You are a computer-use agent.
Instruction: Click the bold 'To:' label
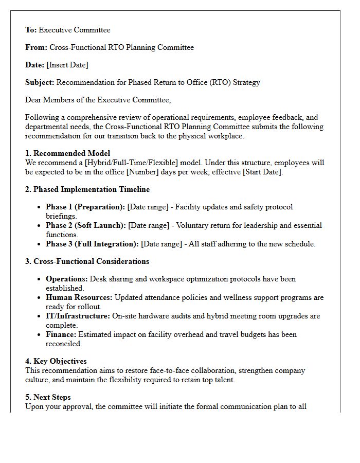(31, 30)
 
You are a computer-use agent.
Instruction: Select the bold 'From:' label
(36, 47)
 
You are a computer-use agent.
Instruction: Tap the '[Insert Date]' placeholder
(67, 65)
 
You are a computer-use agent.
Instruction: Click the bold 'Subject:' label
(40, 82)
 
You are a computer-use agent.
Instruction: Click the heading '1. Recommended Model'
(67, 153)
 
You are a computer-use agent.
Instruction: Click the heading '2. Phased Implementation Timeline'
(87, 189)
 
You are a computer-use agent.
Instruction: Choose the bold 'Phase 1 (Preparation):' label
(85, 207)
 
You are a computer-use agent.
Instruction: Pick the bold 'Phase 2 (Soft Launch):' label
(86, 225)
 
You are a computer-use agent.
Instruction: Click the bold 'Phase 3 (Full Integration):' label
(92, 244)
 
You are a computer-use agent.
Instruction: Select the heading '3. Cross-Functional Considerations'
(87, 261)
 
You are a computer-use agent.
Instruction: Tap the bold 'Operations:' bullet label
(67, 279)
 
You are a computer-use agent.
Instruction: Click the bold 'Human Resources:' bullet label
(79, 297)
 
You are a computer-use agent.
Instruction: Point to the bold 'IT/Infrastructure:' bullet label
(78, 316)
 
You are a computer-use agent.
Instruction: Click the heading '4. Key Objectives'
(56, 361)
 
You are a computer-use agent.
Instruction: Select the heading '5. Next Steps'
(48, 397)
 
